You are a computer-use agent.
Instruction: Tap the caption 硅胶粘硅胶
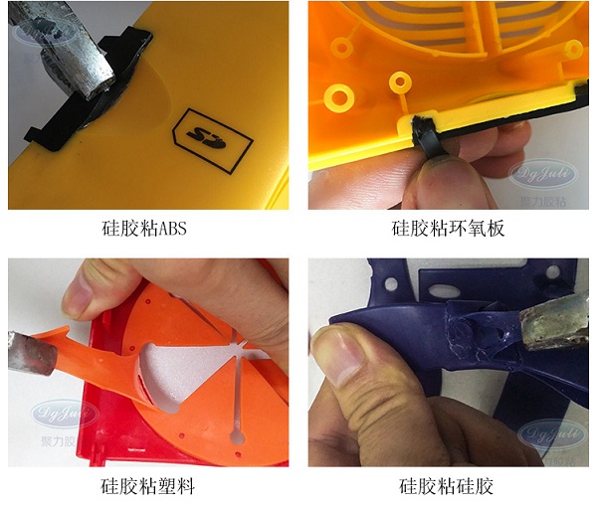[448, 487]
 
